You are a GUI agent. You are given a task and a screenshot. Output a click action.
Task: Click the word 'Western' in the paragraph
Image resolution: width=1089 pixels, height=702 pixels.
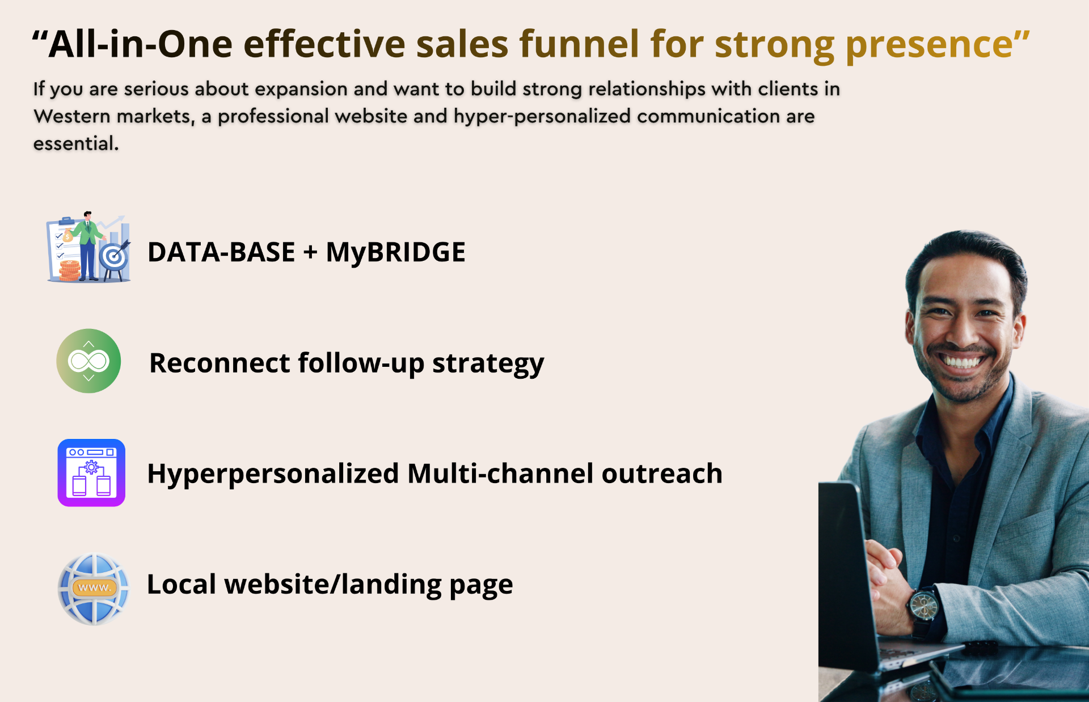[x=73, y=116]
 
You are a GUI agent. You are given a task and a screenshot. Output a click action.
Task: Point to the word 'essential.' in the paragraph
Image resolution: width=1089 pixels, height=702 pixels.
[x=76, y=143]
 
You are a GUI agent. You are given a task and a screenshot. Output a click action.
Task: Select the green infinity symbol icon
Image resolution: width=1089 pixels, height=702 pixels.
[x=88, y=361]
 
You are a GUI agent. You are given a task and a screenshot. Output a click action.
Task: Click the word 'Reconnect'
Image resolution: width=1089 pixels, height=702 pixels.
[x=220, y=363]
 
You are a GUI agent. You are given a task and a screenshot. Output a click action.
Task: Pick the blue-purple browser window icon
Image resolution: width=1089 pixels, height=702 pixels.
[x=91, y=472]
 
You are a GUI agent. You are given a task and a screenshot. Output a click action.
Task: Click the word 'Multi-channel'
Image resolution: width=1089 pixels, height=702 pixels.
[x=500, y=473]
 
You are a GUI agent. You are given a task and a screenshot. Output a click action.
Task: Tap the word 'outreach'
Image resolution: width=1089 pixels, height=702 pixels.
[x=662, y=473]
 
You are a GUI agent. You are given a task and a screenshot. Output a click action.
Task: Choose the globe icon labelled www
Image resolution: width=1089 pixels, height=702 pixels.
[x=94, y=589]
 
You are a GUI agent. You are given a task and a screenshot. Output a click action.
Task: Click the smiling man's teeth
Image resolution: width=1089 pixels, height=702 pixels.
[x=963, y=361]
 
